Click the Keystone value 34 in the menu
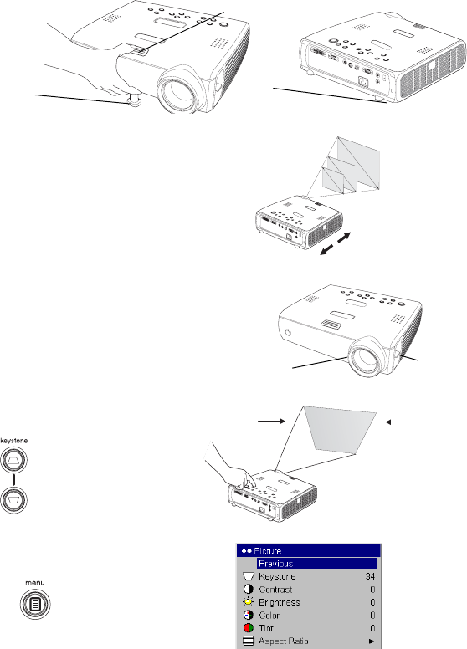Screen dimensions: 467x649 tap(370, 576)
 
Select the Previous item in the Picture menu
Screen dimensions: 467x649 tap(275, 564)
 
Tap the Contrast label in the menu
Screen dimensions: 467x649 tap(275, 590)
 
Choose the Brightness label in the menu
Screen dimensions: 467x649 tap(279, 602)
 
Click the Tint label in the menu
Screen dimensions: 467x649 tap(266, 628)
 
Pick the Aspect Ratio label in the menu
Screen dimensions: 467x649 tap(283, 641)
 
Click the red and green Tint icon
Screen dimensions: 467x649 tap(249, 628)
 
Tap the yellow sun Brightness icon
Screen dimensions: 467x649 tap(249, 602)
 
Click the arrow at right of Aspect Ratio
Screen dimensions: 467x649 tap(372, 641)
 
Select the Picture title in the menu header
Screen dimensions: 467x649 tap(268, 551)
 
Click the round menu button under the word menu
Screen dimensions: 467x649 tap(35, 605)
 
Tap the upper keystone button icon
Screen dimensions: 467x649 tap(13, 459)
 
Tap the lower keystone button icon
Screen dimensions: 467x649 tap(13, 499)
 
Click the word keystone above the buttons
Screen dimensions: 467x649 tap(14, 441)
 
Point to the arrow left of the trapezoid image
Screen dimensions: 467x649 tap(272, 421)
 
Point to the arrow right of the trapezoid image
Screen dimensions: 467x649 tap(399, 422)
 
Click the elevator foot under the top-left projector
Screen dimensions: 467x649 tap(135, 100)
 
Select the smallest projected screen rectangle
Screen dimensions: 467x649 tap(333, 179)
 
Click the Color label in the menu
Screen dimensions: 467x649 tap(269, 615)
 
